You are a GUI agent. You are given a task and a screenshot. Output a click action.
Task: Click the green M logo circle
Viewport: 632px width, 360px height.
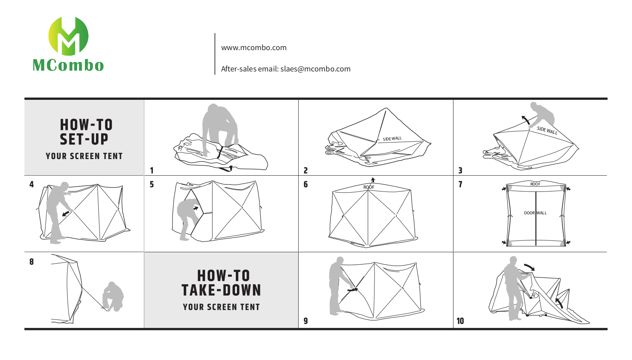coord(68,36)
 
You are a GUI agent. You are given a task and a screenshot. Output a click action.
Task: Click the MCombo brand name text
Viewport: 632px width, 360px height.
coord(68,65)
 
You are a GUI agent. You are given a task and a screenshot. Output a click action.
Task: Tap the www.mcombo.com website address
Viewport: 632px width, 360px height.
coord(254,48)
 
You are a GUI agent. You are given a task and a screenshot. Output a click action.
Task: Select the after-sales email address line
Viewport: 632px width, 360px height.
coord(286,69)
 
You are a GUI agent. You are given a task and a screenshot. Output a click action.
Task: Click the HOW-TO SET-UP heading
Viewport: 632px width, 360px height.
coord(86,132)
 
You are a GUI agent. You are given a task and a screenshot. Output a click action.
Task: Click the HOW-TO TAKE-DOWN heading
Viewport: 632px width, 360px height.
coord(222,283)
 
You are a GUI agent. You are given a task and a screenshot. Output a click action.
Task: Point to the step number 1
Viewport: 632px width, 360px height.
coord(152,171)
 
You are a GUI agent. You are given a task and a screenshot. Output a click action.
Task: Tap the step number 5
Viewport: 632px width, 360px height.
coord(152,184)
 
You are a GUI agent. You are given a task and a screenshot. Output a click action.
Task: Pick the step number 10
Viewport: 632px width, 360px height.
coord(460,321)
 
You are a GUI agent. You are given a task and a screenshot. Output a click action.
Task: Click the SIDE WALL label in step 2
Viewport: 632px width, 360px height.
coord(392,139)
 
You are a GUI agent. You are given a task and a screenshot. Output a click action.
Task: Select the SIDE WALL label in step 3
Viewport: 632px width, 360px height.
coord(547,131)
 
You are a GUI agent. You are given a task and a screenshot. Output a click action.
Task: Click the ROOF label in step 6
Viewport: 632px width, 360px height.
coord(369,187)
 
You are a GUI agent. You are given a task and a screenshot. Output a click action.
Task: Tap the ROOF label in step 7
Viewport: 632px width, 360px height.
coord(535,184)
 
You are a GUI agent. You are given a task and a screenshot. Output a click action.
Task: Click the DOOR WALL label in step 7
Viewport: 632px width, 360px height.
coord(535,213)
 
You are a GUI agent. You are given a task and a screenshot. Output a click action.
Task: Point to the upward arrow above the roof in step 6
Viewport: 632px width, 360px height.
coord(373,180)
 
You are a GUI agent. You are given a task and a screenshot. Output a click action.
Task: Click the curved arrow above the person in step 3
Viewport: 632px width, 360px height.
coord(525,120)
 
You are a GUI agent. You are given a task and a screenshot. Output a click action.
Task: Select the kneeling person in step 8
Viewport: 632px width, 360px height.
coord(113,296)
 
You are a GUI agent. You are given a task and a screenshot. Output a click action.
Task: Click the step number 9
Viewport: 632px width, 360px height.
coord(306,321)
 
